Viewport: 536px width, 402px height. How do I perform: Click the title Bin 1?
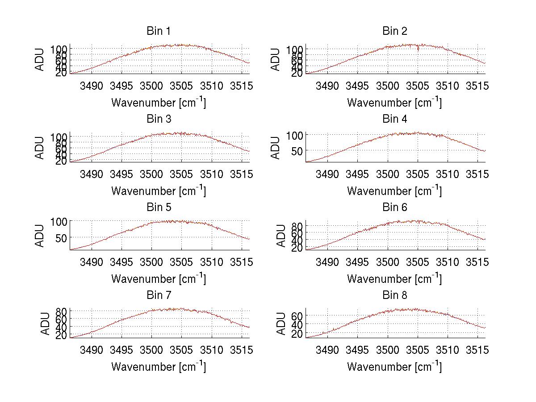point(158,31)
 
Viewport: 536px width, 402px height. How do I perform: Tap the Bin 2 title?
point(394,31)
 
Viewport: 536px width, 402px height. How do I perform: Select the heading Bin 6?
point(394,207)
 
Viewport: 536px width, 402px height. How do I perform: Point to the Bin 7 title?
point(158,295)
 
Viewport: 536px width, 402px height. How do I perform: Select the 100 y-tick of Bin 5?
point(60,221)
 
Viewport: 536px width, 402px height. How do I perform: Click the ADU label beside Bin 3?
point(41,148)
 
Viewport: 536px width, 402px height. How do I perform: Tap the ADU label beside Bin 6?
point(281,236)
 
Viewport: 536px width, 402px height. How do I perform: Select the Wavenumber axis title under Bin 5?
point(158,279)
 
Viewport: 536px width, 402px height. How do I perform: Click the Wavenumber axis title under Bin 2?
point(394,103)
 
